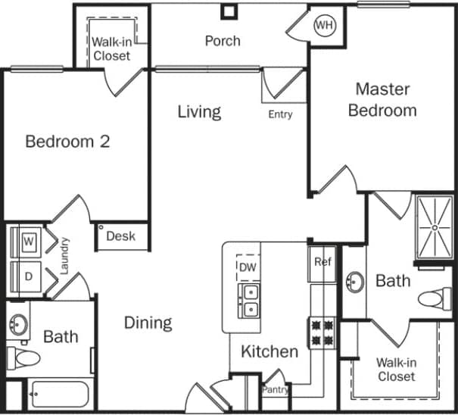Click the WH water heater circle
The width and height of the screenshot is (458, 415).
coord(325,26)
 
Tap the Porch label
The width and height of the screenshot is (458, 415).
coord(223,41)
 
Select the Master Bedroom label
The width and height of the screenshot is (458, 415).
coord(382,99)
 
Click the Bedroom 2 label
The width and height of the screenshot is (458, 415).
coord(67,142)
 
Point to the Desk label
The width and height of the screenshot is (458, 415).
coord(120,236)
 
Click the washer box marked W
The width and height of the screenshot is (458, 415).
coord(29,242)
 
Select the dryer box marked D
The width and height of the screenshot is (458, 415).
coord(28,276)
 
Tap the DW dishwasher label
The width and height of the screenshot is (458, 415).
coord(248,267)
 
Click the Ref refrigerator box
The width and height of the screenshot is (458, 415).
coord(323,263)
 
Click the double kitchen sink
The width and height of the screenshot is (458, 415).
coord(249,301)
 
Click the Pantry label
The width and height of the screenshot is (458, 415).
coord(276,390)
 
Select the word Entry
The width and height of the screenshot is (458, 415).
coord(280,114)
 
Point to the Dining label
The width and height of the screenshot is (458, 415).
coord(148,323)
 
